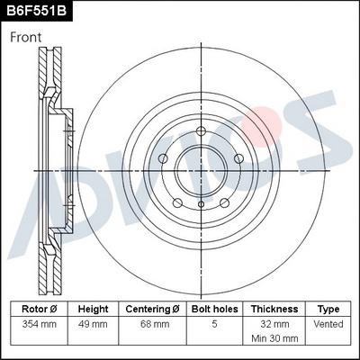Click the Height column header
point(93,309)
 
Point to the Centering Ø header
point(152,309)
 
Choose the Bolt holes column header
point(214,309)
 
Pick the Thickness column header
point(274,309)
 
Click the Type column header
point(329,309)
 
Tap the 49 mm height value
point(93,322)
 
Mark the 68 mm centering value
point(152,322)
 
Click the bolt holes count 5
point(214,322)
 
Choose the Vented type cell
point(329,322)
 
